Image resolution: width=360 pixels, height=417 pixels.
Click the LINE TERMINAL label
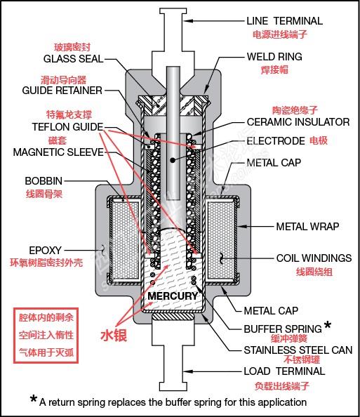pyautogui.click(x=284, y=21)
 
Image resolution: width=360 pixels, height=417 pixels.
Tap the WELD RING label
pyautogui.click(x=274, y=57)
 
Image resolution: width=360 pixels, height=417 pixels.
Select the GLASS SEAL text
pyautogui.click(x=74, y=59)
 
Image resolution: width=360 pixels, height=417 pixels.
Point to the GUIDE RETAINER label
pyautogui.click(x=62, y=91)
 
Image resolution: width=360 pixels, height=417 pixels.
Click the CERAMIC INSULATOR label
pyautogui.click(x=298, y=122)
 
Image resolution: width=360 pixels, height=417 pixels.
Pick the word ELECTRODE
pyautogui.click(x=276, y=141)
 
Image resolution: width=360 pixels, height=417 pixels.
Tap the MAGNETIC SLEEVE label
pyautogui.click(x=58, y=152)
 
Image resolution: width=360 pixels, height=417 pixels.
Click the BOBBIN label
pyautogui.click(x=44, y=181)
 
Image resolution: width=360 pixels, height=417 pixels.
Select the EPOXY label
pyautogui.click(x=45, y=250)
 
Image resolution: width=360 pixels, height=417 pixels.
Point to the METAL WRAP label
pyautogui.click(x=307, y=227)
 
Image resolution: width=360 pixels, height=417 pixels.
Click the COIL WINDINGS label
pyautogui.click(x=314, y=258)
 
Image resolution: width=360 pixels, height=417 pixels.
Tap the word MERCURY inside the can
pyautogui.click(x=173, y=296)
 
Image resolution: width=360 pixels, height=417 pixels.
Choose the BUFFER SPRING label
pyautogui.click(x=283, y=329)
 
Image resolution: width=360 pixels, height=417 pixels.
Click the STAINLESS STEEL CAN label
pyautogui.click(x=298, y=350)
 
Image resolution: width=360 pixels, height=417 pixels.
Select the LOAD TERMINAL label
pyautogui.click(x=284, y=371)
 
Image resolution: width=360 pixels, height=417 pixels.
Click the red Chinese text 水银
pyautogui.click(x=114, y=336)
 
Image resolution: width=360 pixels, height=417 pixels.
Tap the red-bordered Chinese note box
pyautogui.click(x=46, y=336)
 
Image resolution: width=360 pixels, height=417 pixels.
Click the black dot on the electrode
pyautogui.click(x=173, y=160)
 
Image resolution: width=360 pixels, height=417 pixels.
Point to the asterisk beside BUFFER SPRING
pyautogui.click(x=328, y=325)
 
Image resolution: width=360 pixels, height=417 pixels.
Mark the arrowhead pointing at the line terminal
pyautogui.click(x=187, y=21)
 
